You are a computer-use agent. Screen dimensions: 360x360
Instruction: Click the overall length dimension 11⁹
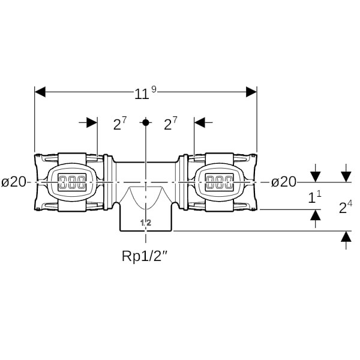[x=145, y=92]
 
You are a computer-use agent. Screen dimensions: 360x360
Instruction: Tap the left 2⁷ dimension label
[x=120, y=124]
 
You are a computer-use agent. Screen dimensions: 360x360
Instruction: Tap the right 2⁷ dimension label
[x=170, y=124]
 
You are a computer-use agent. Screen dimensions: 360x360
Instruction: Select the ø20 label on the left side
[x=14, y=182]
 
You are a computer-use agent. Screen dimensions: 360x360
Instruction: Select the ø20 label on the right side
[x=284, y=182]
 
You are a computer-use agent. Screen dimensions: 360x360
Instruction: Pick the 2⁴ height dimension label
[x=346, y=207]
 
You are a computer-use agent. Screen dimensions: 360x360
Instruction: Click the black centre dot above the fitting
[x=146, y=122]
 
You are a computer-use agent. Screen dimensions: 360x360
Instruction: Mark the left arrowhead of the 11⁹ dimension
[x=40, y=92]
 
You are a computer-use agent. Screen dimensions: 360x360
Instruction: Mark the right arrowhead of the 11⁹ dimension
[x=251, y=92]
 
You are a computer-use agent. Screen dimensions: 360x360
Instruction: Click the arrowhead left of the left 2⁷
[x=92, y=122]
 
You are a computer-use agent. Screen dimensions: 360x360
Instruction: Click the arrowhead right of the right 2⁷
[x=200, y=122]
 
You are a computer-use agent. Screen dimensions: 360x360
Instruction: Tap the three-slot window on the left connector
[x=72, y=182]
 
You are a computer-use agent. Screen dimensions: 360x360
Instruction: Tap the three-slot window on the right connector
[x=220, y=182]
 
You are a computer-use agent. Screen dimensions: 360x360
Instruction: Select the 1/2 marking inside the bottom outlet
[x=146, y=223]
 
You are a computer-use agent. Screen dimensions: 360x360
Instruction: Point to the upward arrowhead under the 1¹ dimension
[x=316, y=215]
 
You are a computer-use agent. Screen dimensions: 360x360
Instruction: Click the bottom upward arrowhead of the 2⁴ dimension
[x=346, y=236]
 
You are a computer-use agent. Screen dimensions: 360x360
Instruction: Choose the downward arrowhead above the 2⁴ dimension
[x=346, y=177]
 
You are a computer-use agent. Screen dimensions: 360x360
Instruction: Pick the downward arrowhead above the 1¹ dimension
[x=316, y=177]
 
